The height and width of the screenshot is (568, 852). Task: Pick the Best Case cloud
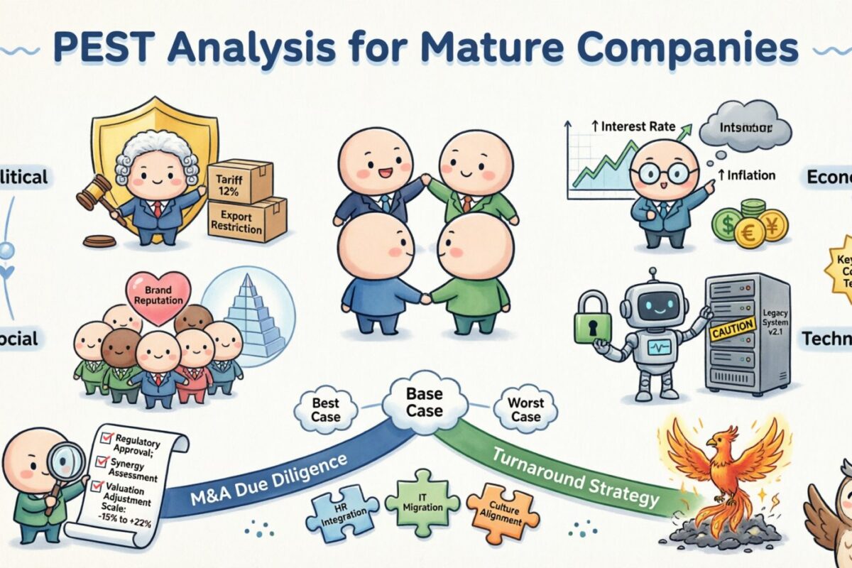(x=326, y=409)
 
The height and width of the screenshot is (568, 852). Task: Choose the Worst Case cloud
(x=525, y=409)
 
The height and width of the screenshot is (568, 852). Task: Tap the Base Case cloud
(x=425, y=403)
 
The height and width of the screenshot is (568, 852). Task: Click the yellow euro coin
(x=750, y=232)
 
